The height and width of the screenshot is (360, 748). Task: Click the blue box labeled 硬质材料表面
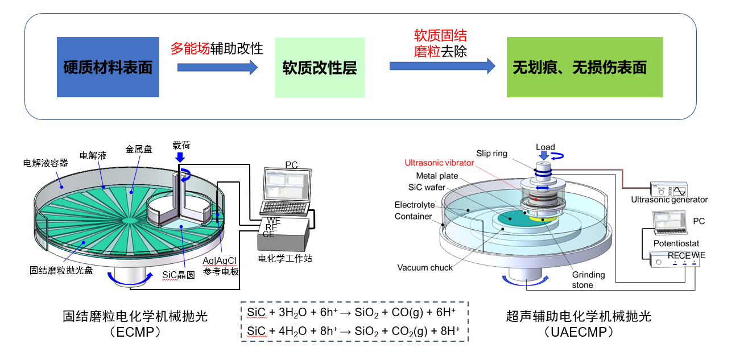108,67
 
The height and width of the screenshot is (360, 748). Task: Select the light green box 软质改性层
319,67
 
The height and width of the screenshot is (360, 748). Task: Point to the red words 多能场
190,48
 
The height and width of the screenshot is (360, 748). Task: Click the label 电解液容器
46,163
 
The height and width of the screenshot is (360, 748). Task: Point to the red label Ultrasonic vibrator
439,163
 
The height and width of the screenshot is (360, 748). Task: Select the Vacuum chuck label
425,267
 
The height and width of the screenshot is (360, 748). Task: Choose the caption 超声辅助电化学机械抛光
578,316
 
